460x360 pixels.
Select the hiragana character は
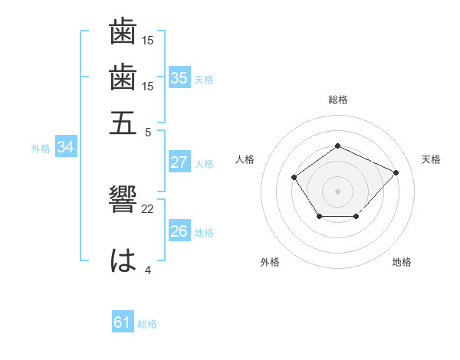123,260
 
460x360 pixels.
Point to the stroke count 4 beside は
148,270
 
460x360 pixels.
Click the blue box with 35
179,77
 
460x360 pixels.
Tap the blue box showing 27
179,162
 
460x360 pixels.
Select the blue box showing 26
179,231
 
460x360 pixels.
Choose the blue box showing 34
65,147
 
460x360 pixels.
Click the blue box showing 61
123,323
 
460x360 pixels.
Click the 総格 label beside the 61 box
147,324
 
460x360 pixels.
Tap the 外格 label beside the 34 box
41,149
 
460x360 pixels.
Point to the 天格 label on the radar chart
431,159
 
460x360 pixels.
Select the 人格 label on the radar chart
245,159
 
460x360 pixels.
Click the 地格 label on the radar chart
402,262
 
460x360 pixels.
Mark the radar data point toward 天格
396,172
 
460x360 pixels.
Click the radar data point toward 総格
337,146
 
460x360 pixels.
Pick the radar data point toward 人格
294,178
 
